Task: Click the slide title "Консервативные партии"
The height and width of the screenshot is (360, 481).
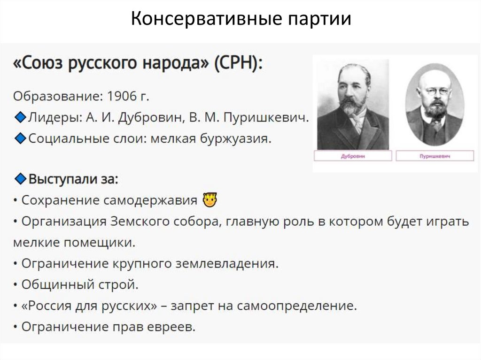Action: point(240,19)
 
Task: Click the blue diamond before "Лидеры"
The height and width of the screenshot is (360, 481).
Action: point(20,118)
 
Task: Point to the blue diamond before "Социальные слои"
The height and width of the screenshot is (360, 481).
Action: point(20,139)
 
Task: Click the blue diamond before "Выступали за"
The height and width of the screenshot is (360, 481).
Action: point(20,179)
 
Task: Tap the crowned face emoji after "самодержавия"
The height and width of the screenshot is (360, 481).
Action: point(209,200)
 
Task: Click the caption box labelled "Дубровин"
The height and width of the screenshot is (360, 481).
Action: point(353,156)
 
